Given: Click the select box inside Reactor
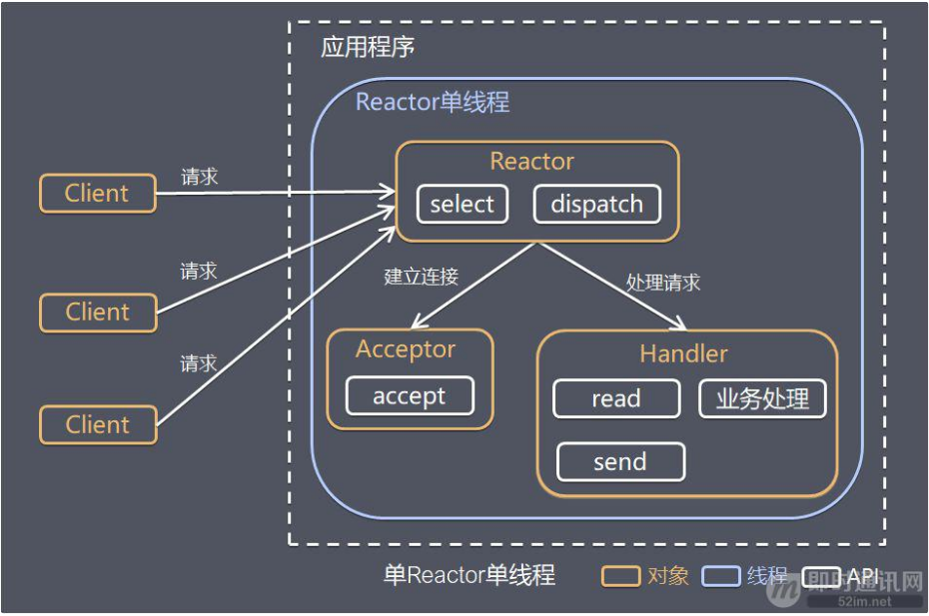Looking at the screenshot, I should [x=462, y=205].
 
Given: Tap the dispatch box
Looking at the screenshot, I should [x=596, y=205].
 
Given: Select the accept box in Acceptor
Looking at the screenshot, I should [x=410, y=395].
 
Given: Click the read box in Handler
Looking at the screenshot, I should [x=615, y=399].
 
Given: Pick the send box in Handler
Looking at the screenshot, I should [x=620, y=462].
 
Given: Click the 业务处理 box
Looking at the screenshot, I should [x=762, y=399].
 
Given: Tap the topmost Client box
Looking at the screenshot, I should [x=97, y=194].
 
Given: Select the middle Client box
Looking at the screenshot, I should [x=98, y=312].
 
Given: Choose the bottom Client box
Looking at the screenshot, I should [x=98, y=424].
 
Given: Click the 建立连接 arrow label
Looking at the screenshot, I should [x=421, y=277].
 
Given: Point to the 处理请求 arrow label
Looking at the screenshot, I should [x=663, y=283].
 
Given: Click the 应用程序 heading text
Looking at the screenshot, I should [x=368, y=48].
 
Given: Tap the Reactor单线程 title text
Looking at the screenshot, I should [x=433, y=102].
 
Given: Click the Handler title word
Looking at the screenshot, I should [x=683, y=353].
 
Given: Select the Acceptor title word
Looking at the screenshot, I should [x=406, y=349].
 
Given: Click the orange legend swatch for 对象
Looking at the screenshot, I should [x=620, y=576].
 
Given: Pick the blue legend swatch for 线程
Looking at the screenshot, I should [x=720, y=576].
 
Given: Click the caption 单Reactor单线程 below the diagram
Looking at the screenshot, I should [x=468, y=576].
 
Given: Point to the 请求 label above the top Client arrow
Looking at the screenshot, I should [x=200, y=177].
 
